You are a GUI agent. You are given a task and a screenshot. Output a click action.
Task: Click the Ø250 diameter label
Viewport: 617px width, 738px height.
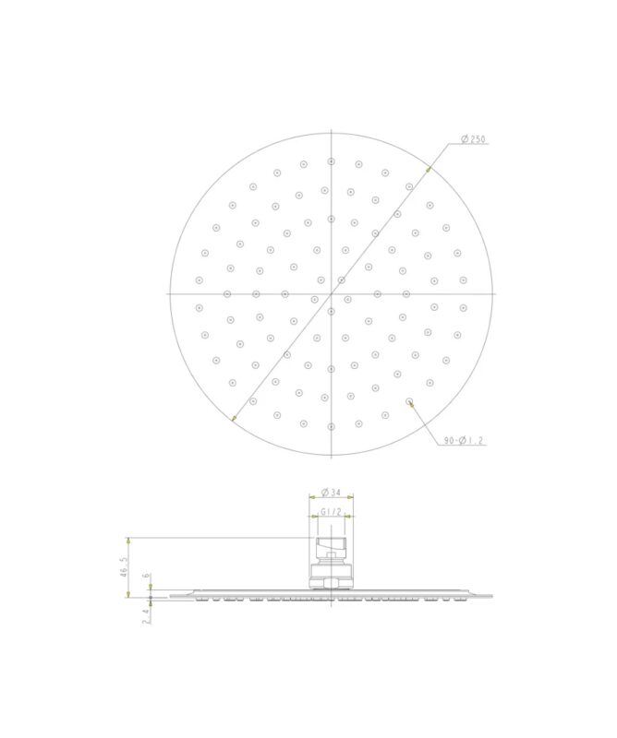pyautogui.click(x=473, y=139)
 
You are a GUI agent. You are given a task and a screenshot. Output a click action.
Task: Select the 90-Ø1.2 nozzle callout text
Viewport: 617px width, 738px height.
pyautogui.click(x=464, y=441)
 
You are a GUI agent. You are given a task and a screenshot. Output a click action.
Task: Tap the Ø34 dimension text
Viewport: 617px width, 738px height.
pyautogui.click(x=331, y=493)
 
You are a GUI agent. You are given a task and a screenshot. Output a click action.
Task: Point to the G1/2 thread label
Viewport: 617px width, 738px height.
pyautogui.click(x=331, y=512)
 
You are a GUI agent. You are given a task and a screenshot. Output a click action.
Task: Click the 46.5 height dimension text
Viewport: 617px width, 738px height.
pyautogui.click(x=124, y=567)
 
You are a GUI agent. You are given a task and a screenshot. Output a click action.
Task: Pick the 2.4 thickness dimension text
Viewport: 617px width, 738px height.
pyautogui.click(x=146, y=615)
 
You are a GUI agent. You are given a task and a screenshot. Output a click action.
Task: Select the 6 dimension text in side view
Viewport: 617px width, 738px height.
pyautogui.click(x=146, y=575)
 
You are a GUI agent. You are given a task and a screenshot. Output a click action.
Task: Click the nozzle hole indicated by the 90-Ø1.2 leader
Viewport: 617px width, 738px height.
pyautogui.click(x=409, y=401)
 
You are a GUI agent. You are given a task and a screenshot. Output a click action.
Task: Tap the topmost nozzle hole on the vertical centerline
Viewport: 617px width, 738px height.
pyautogui.click(x=332, y=161)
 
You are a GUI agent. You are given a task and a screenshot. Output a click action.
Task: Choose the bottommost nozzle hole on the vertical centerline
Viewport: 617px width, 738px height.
pyautogui.click(x=332, y=427)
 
